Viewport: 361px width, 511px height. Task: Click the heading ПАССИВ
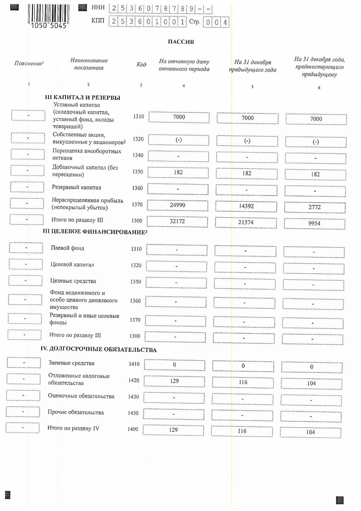click(x=181, y=42)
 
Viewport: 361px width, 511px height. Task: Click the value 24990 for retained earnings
click(x=177, y=205)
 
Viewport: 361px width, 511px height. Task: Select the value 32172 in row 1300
click(x=177, y=221)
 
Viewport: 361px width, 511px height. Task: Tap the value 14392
click(x=246, y=206)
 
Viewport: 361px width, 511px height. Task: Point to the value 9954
click(x=314, y=224)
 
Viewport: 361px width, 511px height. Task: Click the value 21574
click(x=246, y=222)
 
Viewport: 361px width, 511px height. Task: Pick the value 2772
click(x=314, y=207)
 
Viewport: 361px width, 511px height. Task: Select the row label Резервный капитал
click(x=76, y=187)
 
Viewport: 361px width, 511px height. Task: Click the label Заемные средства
click(x=71, y=363)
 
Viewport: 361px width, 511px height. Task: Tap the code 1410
click(x=134, y=364)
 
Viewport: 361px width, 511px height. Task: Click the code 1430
click(x=133, y=397)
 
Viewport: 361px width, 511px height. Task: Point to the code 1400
click(x=133, y=429)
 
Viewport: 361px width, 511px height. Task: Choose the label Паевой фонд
click(x=67, y=248)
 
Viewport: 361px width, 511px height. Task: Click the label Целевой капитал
click(x=72, y=265)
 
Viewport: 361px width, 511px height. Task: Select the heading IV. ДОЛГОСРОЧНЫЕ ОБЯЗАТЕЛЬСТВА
click(x=98, y=349)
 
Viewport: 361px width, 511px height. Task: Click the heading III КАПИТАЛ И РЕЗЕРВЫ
click(x=82, y=98)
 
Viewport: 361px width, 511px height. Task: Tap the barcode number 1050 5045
click(x=49, y=26)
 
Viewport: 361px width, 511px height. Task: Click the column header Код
click(x=141, y=65)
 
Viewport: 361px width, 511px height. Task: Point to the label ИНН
click(x=98, y=7)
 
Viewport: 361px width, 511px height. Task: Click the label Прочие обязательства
click(x=76, y=412)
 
